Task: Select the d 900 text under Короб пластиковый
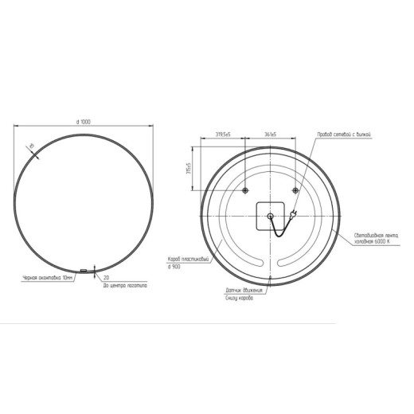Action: tap(174, 267)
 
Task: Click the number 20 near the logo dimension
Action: tap(107, 278)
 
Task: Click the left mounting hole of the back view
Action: tap(245, 190)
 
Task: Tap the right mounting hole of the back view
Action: tap(295, 190)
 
